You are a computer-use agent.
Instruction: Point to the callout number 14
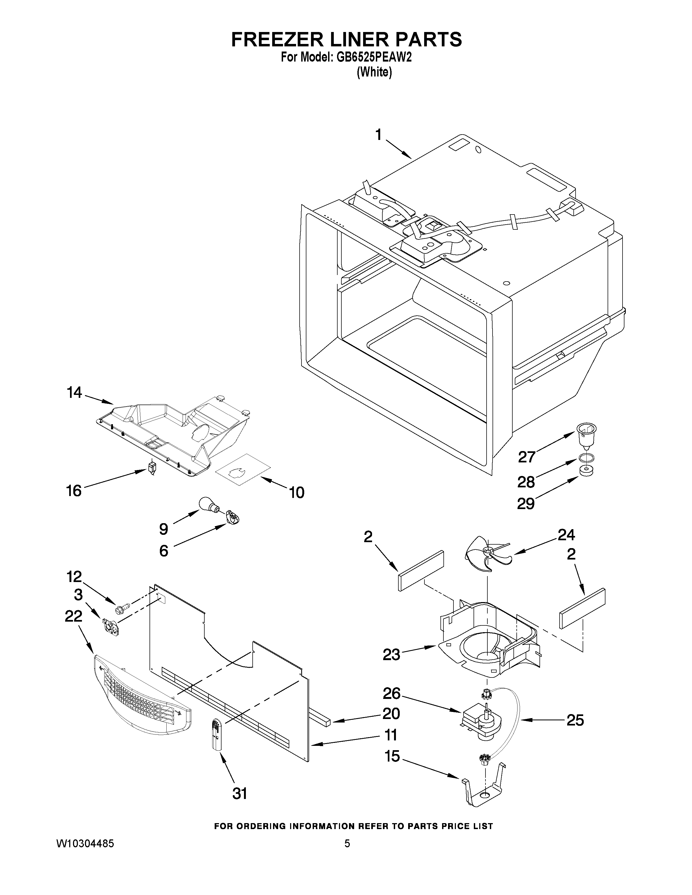[75, 393]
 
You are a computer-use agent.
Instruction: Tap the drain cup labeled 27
[586, 436]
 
